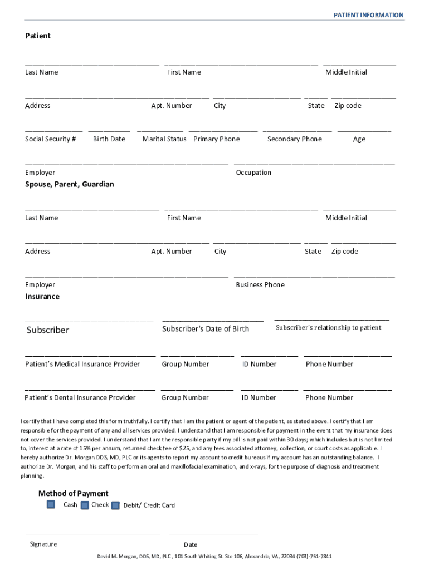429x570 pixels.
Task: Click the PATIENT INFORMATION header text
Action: pos(368,15)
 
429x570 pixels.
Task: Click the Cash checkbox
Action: pos(51,504)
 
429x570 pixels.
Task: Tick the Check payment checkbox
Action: pos(85,505)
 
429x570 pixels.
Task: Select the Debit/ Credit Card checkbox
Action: pos(115,505)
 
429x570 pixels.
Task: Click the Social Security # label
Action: pos(50,139)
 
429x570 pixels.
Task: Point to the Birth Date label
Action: pos(109,139)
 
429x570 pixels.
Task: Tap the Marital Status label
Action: pos(164,139)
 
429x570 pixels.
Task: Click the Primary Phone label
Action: pos(217,139)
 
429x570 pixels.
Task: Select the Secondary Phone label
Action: pos(294,139)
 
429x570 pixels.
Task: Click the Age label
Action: pos(359,139)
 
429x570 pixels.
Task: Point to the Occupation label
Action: pos(253,173)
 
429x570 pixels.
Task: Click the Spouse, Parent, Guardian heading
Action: pos(69,184)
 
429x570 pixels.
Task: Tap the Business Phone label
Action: pos(260,285)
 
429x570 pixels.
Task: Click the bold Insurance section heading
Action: pos(42,297)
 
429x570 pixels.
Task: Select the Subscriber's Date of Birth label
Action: pos(206,329)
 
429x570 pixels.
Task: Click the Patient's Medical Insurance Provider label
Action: pos(82,364)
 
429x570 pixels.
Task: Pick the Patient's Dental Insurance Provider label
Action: pos(80,397)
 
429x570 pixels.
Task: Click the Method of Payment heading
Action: pos(73,493)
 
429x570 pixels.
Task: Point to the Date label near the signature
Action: pos(191,544)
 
